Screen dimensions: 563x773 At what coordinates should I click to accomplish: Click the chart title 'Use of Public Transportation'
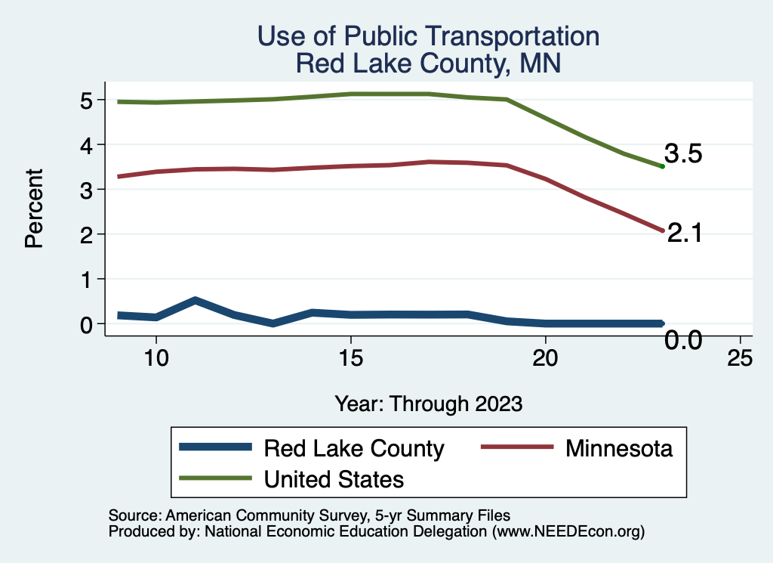428,36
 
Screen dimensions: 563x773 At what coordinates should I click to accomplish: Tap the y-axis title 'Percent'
32,212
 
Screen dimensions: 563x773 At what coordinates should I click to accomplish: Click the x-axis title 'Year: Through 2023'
428,404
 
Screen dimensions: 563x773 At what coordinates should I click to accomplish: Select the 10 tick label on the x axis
156,357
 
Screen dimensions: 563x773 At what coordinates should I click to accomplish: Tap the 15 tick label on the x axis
351,357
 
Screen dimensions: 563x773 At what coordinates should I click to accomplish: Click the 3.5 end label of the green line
684,154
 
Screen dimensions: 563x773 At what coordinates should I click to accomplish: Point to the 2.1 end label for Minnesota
685,234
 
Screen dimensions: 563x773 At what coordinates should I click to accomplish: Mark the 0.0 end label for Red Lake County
683,341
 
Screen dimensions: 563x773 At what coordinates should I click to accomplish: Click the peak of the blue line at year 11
196,301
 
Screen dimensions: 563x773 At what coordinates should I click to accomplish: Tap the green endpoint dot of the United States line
662,166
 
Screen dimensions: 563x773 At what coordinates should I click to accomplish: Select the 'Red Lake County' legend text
353,448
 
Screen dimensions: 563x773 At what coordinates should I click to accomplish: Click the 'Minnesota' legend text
618,448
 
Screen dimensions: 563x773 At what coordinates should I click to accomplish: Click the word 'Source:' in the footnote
134,516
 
